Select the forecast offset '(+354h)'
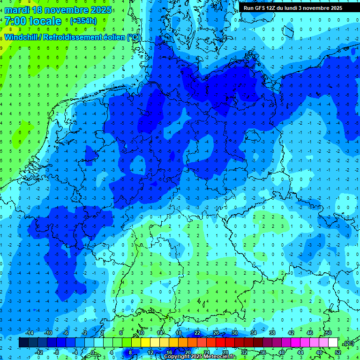pyautogui.click(x=83, y=21)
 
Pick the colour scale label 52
pyautogui.click(x=338, y=352)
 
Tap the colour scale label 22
pyautogui.click(x=197, y=333)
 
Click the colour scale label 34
pyautogui.click(x=254, y=333)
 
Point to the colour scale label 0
pyautogui.click(x=92, y=352)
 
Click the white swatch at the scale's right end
pyautogui.click(x=333, y=343)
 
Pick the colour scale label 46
pyautogui.click(x=310, y=333)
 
